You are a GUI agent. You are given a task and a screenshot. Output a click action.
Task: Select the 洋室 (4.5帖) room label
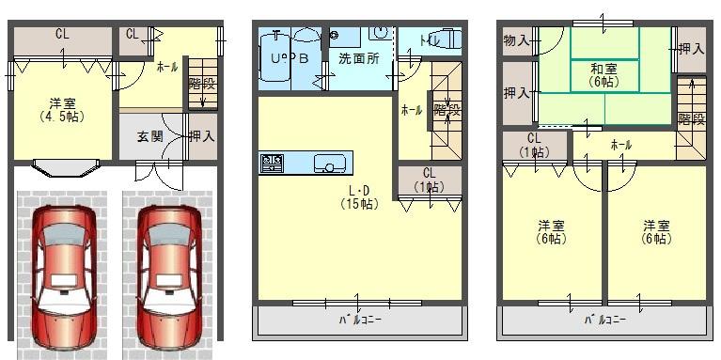(62, 110)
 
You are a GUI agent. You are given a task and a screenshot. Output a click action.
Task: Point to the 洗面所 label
(358, 58)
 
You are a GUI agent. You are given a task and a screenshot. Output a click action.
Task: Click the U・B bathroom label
(290, 57)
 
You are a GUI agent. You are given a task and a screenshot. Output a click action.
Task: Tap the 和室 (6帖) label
(603, 75)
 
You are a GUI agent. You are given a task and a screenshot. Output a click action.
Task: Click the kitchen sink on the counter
(329, 163)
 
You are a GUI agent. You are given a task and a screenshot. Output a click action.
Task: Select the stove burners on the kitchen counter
(272, 164)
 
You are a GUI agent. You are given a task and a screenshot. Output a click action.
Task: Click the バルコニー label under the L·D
(360, 321)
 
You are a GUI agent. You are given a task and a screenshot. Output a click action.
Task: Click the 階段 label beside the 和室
(690, 118)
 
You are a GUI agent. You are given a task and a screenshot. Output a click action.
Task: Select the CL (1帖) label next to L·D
(429, 179)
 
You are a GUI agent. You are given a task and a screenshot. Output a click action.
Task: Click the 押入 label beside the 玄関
(202, 136)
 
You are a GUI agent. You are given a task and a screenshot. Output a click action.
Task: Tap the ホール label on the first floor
(166, 67)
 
